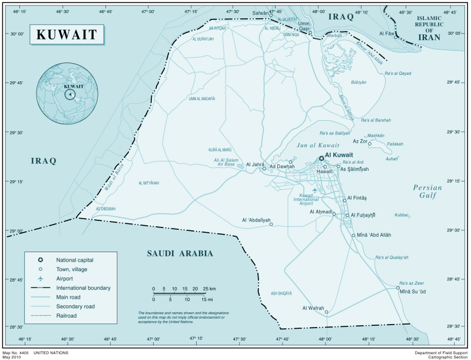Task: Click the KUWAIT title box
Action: click(x=67, y=34)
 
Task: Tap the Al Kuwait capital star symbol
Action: click(x=321, y=158)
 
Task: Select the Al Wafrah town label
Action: click(x=313, y=308)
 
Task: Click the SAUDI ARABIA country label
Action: click(x=180, y=254)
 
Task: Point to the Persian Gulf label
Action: click(x=427, y=191)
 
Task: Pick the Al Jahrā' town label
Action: click(x=256, y=164)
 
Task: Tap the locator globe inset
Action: click(x=67, y=94)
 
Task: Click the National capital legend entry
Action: click(x=74, y=259)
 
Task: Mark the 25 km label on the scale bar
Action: click(x=209, y=289)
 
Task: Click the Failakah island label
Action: click(x=395, y=144)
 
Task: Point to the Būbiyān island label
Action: click(x=359, y=82)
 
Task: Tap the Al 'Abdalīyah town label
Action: click(x=256, y=220)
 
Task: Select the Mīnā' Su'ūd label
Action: click(x=412, y=292)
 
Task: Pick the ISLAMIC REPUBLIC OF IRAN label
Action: click(x=429, y=27)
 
